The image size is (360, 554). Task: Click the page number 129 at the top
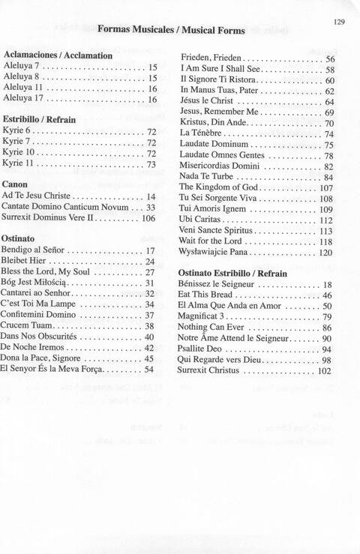(x=338, y=23)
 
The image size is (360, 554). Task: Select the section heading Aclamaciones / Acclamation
(x=58, y=55)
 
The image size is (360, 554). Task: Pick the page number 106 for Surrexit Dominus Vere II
(x=148, y=218)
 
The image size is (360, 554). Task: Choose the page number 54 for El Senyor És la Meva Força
(x=149, y=370)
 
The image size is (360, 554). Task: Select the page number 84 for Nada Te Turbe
(x=328, y=178)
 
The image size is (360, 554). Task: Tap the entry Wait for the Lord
(x=214, y=242)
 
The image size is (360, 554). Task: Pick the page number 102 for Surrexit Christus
(x=324, y=371)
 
